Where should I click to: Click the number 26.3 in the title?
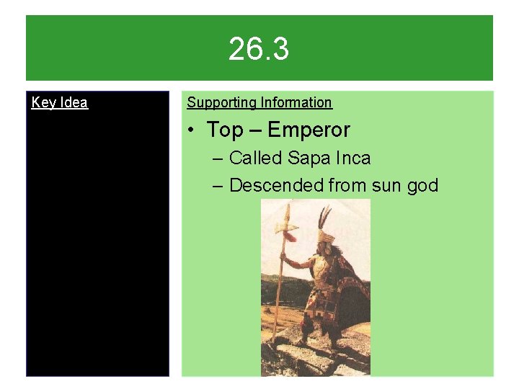pyautogui.click(x=259, y=50)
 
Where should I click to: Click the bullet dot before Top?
pyautogui.click(x=191, y=130)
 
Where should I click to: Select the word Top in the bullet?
pyautogui.click(x=225, y=130)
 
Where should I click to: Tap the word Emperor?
pyautogui.click(x=309, y=130)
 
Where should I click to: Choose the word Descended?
pyautogui.click(x=276, y=186)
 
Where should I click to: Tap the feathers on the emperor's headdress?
pyautogui.click(x=325, y=216)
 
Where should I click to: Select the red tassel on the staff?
pyautogui.click(x=290, y=236)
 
